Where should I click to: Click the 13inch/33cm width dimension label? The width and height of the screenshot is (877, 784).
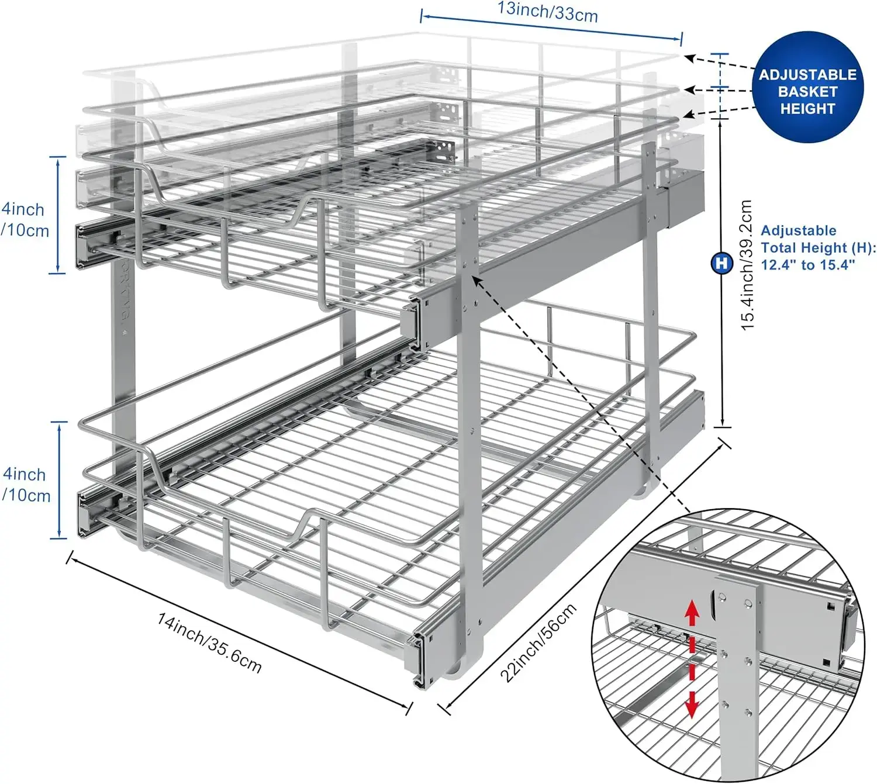(x=547, y=11)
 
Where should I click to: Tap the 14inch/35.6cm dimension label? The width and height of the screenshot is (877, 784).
(x=209, y=641)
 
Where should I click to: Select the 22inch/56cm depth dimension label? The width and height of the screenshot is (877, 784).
(x=538, y=642)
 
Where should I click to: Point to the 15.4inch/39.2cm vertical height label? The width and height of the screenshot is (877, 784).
(x=747, y=265)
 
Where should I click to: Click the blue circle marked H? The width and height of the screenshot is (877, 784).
(x=722, y=263)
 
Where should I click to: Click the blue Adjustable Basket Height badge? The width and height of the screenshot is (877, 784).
(x=807, y=88)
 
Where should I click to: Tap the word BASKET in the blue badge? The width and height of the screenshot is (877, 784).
(x=807, y=92)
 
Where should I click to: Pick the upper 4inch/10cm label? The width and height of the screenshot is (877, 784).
(x=25, y=219)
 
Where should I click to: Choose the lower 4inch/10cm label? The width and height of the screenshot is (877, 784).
(x=26, y=484)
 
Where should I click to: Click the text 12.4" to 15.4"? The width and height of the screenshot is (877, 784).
(x=807, y=265)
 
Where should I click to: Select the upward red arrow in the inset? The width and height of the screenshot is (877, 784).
(x=692, y=613)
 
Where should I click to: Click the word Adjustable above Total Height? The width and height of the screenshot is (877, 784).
(x=798, y=230)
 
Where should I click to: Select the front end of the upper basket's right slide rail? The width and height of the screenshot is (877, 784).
(x=414, y=319)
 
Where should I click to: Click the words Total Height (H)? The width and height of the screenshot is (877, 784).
(x=818, y=247)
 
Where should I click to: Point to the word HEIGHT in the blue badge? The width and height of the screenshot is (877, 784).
(x=807, y=109)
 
